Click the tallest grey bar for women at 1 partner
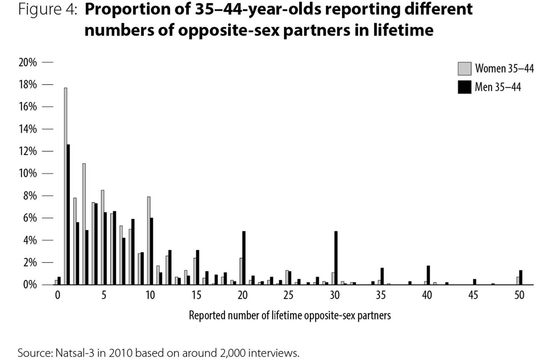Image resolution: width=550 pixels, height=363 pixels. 66,186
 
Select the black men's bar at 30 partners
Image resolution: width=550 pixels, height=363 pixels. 336,258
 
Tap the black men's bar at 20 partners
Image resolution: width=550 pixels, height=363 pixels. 244,258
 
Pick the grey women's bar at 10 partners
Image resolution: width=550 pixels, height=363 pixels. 149,241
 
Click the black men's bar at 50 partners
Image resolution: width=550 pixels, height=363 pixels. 520,277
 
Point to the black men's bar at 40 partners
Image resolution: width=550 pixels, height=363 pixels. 428,275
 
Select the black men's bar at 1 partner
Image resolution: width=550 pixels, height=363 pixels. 68,215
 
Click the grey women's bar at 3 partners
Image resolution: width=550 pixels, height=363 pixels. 84,224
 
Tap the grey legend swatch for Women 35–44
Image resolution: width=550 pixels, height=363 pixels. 464,69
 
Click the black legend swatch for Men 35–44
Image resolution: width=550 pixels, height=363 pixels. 464,87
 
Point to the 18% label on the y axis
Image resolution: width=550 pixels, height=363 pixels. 28,85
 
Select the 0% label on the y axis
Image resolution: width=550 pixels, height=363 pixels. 30,285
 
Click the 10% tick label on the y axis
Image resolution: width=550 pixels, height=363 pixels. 28,174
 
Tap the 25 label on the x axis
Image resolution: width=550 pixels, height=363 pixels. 288,295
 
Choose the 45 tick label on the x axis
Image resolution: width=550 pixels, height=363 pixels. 473,295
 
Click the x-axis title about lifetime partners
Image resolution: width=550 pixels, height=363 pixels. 290,316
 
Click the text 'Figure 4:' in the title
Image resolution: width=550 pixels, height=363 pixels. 48,9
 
